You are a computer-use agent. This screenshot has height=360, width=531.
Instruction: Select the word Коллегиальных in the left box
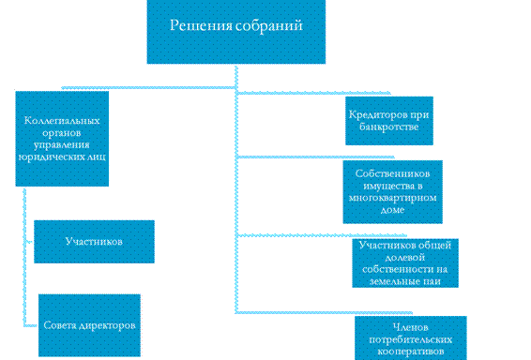[62, 121]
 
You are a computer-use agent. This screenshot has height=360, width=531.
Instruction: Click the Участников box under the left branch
[94, 242]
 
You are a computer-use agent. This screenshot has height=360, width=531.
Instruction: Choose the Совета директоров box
[89, 325]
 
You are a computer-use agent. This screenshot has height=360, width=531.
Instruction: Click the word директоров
[107, 325]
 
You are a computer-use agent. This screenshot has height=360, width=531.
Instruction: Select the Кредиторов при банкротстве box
[389, 121]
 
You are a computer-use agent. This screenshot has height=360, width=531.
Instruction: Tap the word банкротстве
[388, 127]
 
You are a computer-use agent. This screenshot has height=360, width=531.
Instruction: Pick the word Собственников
[392, 173]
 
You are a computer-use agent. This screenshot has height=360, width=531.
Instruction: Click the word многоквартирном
[392, 198]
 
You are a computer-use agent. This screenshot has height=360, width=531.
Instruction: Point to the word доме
[392, 210]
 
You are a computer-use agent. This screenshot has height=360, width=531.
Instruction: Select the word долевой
[405, 257]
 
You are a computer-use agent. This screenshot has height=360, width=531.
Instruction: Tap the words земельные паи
[405, 281]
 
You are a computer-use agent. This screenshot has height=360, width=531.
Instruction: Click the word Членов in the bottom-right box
[410, 327]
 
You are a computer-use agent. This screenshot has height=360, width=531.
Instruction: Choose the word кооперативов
[410, 352]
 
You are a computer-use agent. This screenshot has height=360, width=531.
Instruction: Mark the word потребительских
[410, 339]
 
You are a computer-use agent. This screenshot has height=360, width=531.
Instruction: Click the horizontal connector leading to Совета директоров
[31, 326]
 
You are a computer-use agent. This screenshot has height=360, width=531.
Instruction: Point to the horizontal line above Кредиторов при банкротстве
[313, 93]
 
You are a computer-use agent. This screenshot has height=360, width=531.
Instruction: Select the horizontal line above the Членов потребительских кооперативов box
[324, 312]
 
